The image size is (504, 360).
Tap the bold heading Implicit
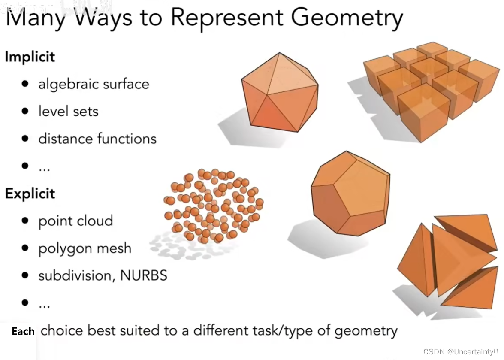point(30,57)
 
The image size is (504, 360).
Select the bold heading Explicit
point(30,194)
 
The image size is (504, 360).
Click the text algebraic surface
point(94,84)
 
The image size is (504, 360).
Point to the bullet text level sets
point(68,112)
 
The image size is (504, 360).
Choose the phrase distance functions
point(97,139)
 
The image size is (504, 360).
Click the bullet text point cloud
point(75,221)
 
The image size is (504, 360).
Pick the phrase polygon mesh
point(85,249)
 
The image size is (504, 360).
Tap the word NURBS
point(144,275)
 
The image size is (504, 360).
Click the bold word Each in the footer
point(23,331)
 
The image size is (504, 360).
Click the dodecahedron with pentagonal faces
point(350,193)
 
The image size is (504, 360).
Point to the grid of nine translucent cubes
point(429,86)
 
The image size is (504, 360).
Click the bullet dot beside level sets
point(25,112)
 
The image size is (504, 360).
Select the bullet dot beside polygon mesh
point(25,248)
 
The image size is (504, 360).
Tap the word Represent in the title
point(227,18)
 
